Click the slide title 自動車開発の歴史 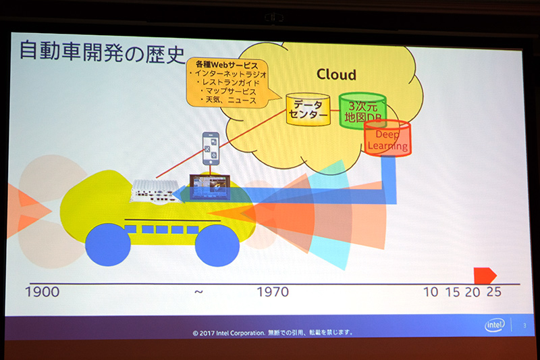(x=102, y=52)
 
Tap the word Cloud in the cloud (x=336, y=74)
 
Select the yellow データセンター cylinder (x=308, y=111)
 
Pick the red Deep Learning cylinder (x=387, y=138)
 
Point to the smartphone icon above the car (x=212, y=147)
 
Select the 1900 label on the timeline (x=42, y=292)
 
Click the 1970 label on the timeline (x=273, y=292)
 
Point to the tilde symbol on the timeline (x=198, y=292)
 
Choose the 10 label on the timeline (x=431, y=292)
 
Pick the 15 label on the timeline (x=452, y=292)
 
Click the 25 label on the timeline (x=493, y=292)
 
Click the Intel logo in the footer (x=495, y=326)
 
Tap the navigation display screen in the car (x=210, y=186)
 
